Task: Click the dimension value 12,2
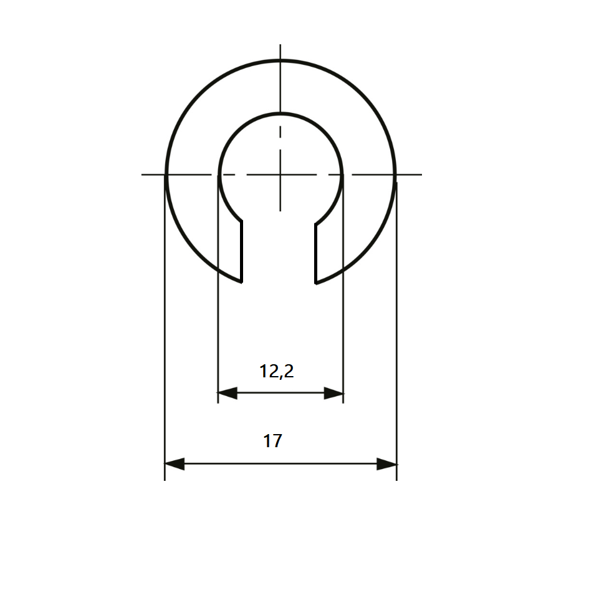point(276,372)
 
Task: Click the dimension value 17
point(272,442)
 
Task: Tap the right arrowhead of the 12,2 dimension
point(334,394)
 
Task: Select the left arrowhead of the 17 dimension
point(175,464)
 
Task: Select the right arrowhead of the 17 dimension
point(387,464)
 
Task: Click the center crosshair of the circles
point(280,174)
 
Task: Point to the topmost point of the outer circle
point(280,60)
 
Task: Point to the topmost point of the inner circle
point(280,114)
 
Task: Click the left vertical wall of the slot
point(242,253)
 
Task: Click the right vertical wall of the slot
point(316,253)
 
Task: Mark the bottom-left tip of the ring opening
point(241,282)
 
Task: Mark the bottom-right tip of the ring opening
point(317,283)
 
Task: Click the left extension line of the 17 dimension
point(165,343)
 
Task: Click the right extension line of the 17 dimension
point(396,343)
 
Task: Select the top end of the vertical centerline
point(280,46)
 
